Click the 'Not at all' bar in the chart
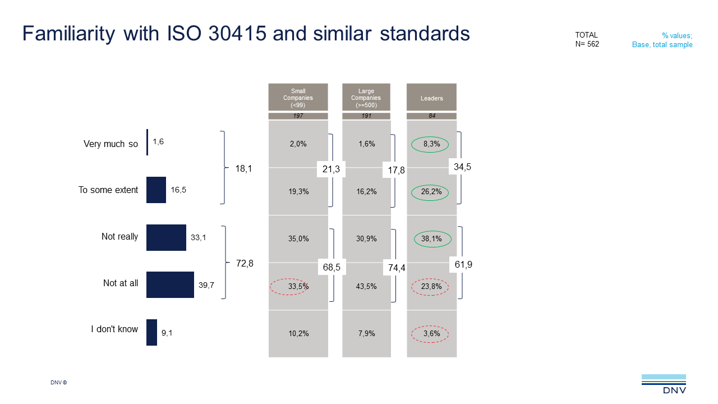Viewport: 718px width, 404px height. tap(170, 284)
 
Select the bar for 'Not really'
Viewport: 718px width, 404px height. tap(166, 237)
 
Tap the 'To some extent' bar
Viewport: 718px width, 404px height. tap(156, 190)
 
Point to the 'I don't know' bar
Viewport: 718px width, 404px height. tap(151, 332)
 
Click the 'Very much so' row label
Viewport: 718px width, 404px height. tap(111, 144)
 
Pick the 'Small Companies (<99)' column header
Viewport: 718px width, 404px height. tap(298, 98)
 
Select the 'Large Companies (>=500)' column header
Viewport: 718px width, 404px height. tap(366, 98)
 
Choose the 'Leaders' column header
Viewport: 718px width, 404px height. tap(431, 98)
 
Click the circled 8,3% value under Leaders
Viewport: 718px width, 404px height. tap(431, 144)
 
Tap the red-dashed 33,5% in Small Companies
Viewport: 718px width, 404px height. tap(298, 286)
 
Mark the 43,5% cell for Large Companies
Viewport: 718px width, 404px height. tap(366, 286)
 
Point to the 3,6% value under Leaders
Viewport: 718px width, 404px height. tap(431, 334)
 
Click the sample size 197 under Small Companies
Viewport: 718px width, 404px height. tap(298, 116)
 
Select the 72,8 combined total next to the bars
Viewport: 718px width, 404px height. tap(245, 263)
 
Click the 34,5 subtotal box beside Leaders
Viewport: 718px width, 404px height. tap(463, 167)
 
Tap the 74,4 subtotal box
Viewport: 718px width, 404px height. tap(396, 268)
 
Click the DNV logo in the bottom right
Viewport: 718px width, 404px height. tap(664, 384)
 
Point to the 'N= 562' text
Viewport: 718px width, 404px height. tap(587, 44)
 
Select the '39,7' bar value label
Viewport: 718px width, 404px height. tap(206, 286)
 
